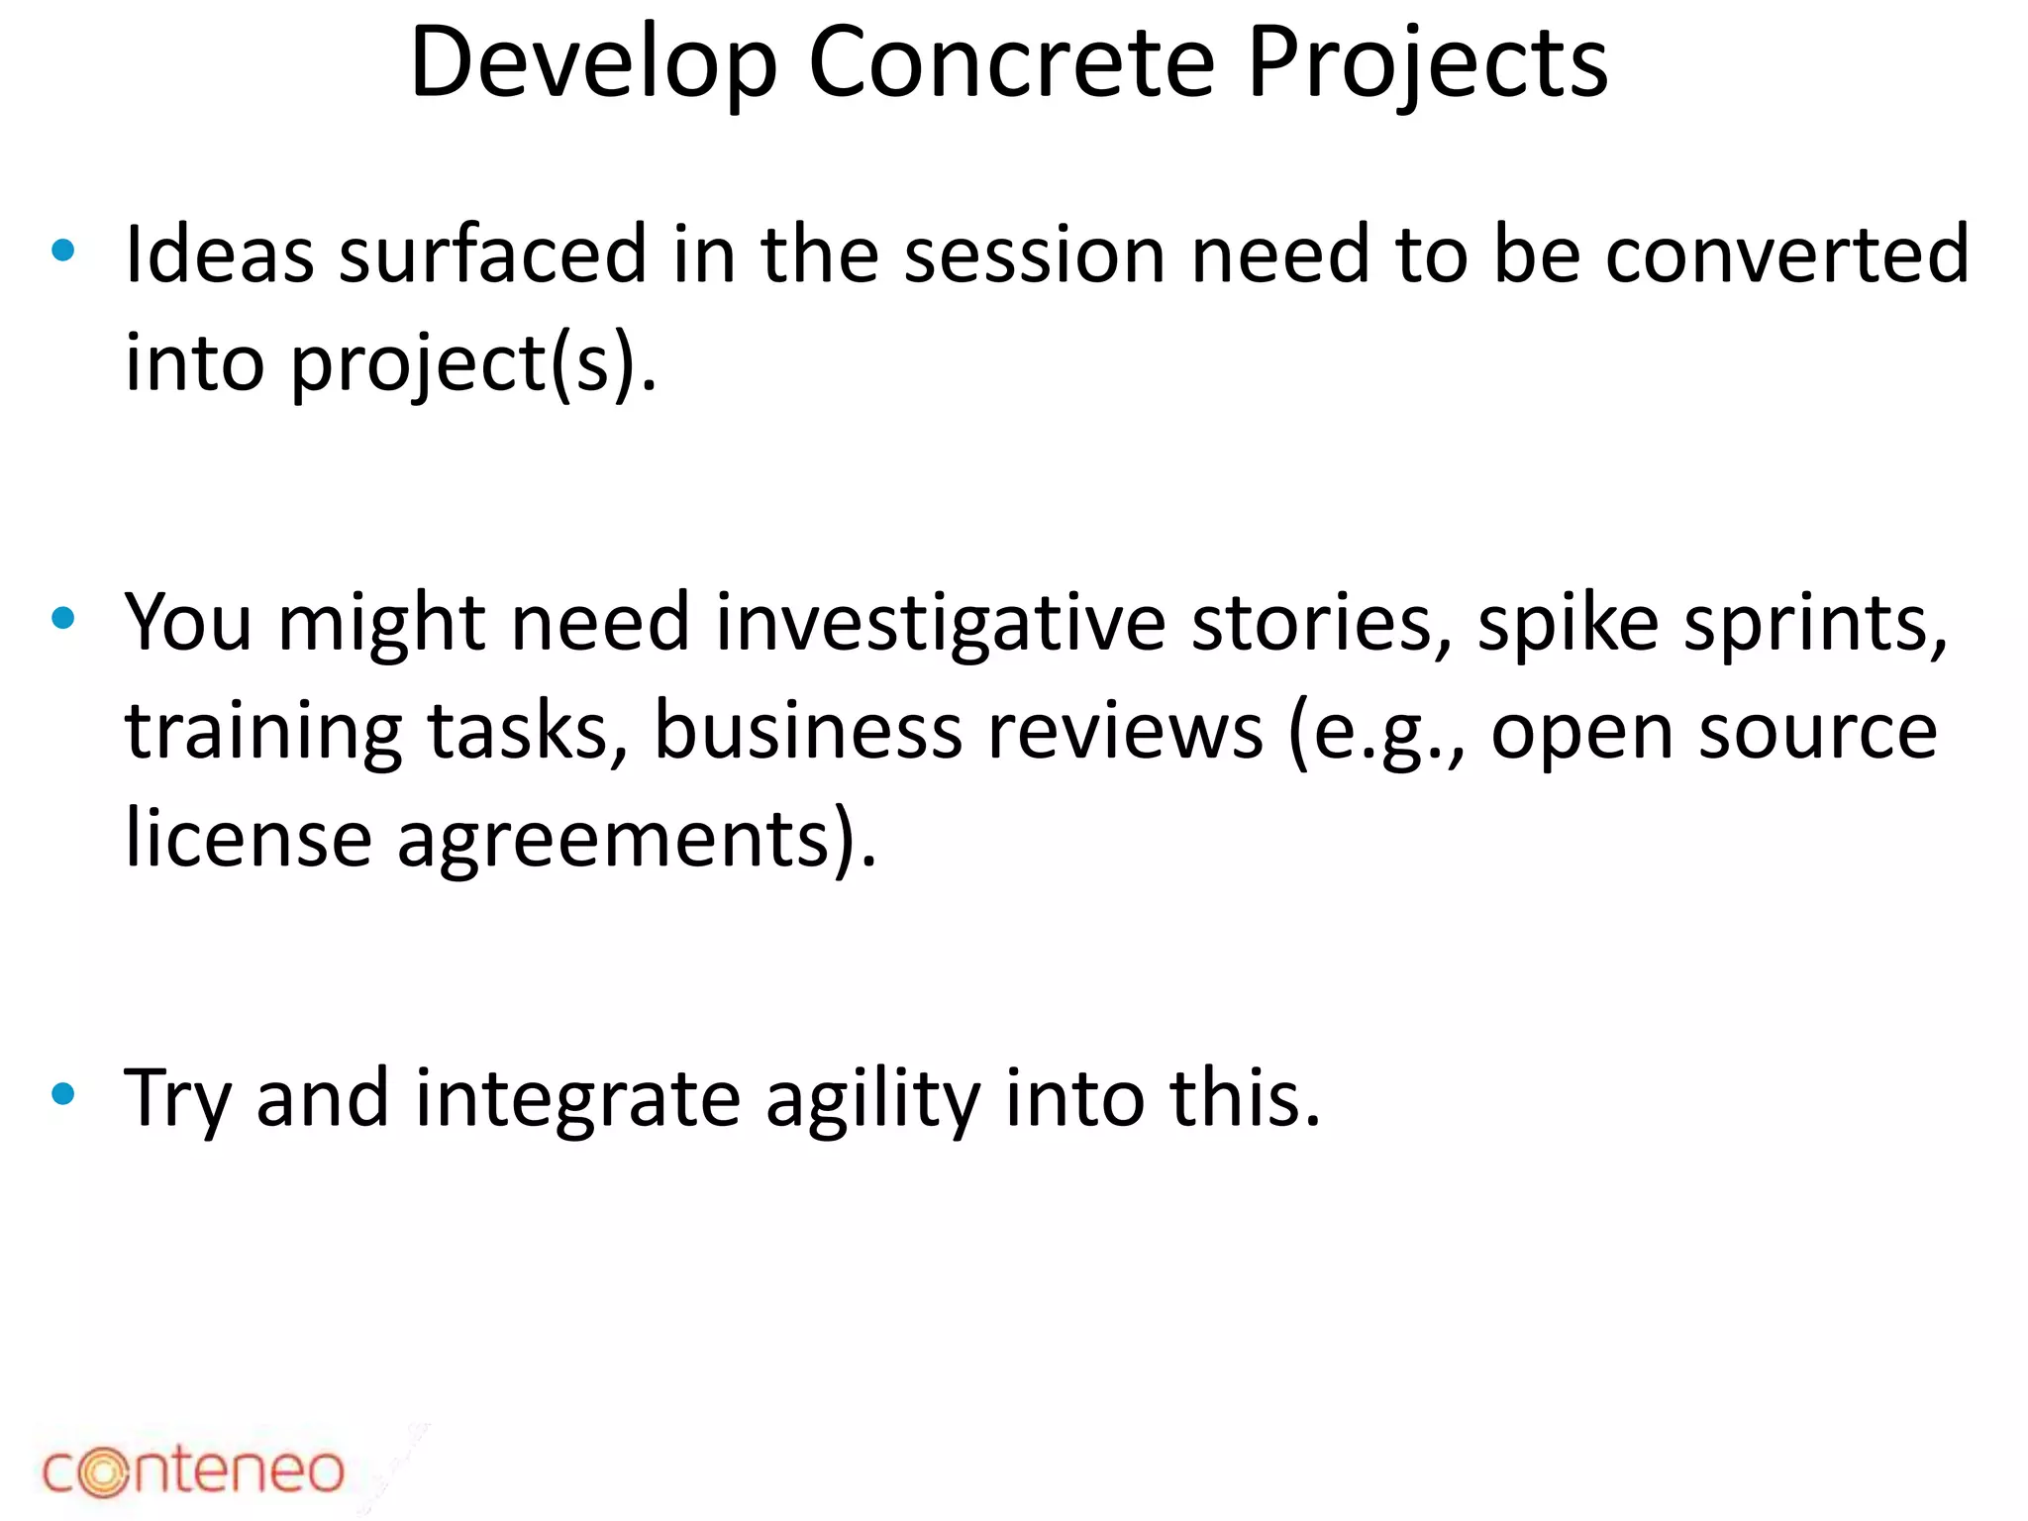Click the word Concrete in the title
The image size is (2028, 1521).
(1011, 63)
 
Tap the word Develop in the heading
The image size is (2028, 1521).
(593, 63)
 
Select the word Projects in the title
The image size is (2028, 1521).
(1427, 63)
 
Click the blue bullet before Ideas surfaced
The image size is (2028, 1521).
(63, 251)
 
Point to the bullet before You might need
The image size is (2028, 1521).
(63, 619)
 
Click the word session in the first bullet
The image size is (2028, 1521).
(1034, 254)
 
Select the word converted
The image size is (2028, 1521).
(1786, 254)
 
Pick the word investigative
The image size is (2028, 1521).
(941, 624)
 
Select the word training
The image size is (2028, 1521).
(263, 733)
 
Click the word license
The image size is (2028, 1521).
(249, 840)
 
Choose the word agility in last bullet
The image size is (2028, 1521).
(872, 1099)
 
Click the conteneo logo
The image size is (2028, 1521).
(193, 1470)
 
